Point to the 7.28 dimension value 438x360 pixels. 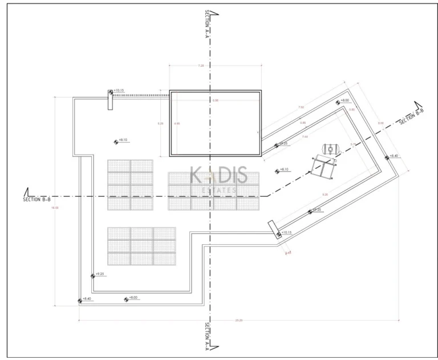(x=201, y=66)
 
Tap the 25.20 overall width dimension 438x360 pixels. (x=238, y=321)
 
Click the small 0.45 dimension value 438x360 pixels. (x=288, y=252)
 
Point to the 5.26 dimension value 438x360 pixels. (x=160, y=123)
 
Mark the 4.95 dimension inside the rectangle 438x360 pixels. (x=177, y=123)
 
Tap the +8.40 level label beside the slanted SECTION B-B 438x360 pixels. (x=394, y=156)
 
